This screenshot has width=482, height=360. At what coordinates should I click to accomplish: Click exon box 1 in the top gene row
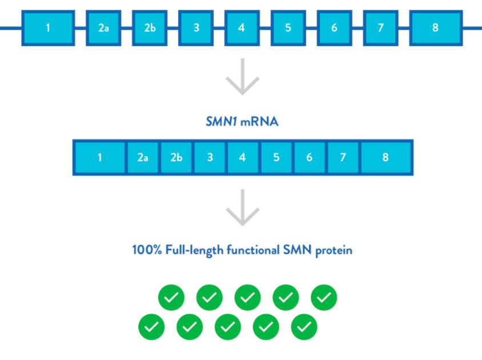point(48,27)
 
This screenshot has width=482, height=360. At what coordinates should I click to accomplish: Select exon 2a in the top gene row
point(103,27)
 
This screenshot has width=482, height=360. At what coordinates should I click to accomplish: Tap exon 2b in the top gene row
point(150,27)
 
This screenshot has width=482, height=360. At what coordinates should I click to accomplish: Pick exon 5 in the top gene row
point(288,27)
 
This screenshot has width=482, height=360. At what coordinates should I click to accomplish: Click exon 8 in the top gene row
point(435,27)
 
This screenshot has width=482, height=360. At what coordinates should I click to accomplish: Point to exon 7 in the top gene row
point(380,27)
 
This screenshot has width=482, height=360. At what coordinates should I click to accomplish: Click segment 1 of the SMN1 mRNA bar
point(99,157)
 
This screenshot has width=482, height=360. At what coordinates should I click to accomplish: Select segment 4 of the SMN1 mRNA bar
point(243,157)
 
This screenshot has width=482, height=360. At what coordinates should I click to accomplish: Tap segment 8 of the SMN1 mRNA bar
point(385,157)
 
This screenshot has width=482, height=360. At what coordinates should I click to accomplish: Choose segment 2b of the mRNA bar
point(176,157)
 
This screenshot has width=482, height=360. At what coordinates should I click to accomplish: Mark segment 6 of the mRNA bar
point(309,157)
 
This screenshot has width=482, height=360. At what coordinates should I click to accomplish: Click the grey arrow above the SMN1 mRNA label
point(243,76)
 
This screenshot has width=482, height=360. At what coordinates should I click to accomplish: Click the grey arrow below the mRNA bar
point(243,208)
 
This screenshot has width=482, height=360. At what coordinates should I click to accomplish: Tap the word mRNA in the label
point(260,122)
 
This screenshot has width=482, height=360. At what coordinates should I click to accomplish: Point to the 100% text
point(146,250)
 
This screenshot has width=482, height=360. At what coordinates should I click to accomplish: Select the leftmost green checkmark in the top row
point(171,297)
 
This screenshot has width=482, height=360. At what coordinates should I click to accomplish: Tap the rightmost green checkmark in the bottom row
point(304,326)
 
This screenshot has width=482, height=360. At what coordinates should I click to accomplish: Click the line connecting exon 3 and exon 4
point(219,27)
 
